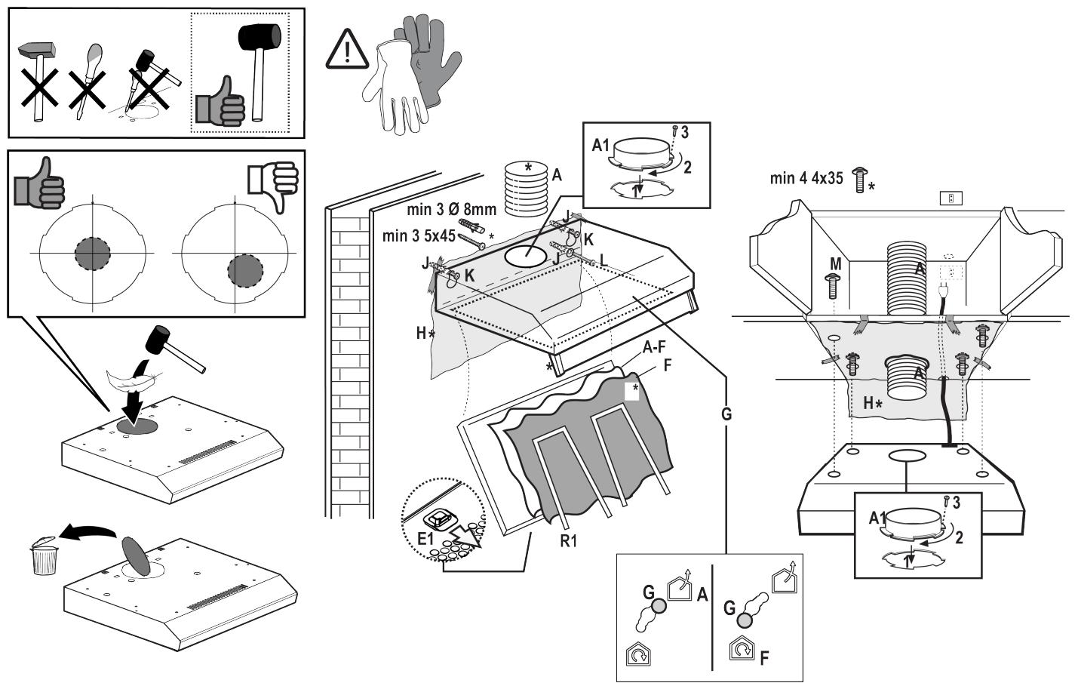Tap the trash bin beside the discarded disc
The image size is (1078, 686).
point(44,555)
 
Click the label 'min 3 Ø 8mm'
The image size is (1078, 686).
point(451,209)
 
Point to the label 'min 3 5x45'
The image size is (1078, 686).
point(419,235)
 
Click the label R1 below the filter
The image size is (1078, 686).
point(568,540)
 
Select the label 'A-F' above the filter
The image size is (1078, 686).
point(653,348)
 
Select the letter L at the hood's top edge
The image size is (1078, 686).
point(604,260)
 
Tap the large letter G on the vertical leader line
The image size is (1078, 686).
point(726,414)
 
